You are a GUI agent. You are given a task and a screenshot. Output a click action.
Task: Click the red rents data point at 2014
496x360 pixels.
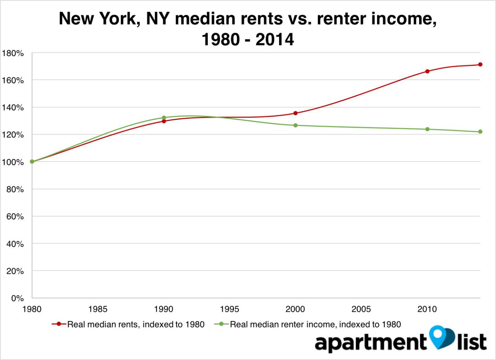coord(480,64)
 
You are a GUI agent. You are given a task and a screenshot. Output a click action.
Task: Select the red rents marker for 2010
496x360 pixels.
coord(427,71)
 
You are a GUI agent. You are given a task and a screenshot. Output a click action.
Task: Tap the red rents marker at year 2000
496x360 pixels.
coord(295,113)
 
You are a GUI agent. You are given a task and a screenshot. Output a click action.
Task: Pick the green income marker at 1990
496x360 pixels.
coord(164,118)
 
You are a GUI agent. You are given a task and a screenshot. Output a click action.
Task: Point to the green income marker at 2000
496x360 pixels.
coord(295,125)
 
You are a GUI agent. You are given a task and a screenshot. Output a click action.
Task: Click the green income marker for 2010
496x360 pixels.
coord(427,129)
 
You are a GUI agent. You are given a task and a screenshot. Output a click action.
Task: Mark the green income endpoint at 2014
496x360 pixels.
coord(480,132)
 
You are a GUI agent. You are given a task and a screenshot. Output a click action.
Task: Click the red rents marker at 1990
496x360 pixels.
coord(164,121)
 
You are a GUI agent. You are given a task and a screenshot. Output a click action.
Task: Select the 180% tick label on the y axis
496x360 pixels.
coord(13,53)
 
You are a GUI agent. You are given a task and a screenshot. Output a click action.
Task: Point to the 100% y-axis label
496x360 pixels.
coord(13,162)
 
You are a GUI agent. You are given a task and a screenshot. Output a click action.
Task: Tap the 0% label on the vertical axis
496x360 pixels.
coord(17,298)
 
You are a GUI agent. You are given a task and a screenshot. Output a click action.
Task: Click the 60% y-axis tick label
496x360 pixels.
coord(15,216)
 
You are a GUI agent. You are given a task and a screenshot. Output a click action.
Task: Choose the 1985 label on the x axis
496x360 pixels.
coord(98,309)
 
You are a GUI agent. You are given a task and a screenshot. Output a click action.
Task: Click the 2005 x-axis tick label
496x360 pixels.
coord(361,309)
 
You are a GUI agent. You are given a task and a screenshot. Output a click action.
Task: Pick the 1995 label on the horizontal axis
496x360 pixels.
coord(229,309)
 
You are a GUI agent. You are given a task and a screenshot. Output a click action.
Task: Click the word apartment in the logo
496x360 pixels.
coord(371,343)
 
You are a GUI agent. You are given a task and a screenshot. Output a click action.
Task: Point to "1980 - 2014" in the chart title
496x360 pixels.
coord(248,39)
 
